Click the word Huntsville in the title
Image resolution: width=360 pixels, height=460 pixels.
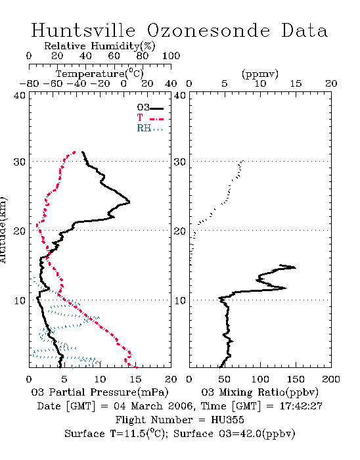[x=83, y=30]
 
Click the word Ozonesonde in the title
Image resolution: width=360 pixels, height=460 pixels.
[x=208, y=30]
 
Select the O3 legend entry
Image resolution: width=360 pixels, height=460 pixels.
[x=150, y=108]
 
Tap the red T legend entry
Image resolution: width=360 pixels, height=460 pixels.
[x=150, y=118]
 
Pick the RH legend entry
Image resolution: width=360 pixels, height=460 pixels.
[x=150, y=128]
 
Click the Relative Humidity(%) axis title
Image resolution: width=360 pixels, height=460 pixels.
[x=100, y=46]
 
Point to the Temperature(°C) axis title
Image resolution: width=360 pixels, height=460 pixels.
[x=99, y=74]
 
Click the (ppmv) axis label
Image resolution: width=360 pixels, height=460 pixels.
[x=260, y=74]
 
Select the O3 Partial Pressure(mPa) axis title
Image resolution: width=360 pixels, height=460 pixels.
[x=100, y=392]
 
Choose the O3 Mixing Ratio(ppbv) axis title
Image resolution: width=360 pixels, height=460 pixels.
[x=259, y=392]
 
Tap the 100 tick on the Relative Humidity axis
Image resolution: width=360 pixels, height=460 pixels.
[x=171, y=56]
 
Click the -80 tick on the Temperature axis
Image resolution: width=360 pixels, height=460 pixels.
[x=29, y=84]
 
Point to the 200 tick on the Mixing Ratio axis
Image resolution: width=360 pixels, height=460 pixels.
[x=331, y=379]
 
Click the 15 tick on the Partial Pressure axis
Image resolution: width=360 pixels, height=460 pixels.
[x=135, y=379]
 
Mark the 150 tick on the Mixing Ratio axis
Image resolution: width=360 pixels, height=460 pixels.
[x=296, y=379]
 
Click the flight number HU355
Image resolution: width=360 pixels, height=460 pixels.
[x=227, y=420]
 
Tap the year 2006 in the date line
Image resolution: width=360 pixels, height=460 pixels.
[x=181, y=406]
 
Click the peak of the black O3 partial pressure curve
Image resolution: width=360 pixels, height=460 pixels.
[x=129, y=202]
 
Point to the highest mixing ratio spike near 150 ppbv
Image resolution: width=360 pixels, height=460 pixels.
[x=295, y=267]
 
